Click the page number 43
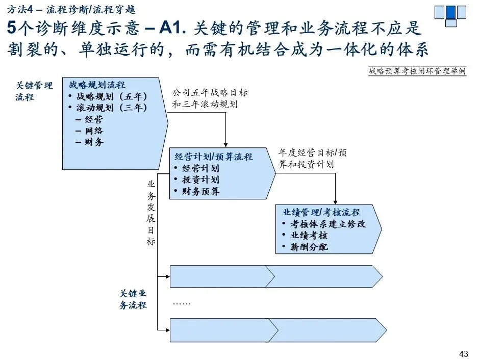click(x=464, y=353)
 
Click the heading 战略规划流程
click(x=97, y=85)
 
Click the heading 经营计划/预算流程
click(x=214, y=157)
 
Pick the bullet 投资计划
click(x=200, y=180)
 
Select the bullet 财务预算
click(x=200, y=192)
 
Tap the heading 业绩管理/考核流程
click(x=321, y=212)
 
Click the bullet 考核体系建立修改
click(x=328, y=224)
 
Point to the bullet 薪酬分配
click(x=309, y=247)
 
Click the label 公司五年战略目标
click(x=210, y=93)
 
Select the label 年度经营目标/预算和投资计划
click(x=312, y=159)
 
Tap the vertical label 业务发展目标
click(x=151, y=213)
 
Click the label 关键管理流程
click(x=34, y=91)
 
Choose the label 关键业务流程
click(x=133, y=299)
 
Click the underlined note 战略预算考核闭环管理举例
click(x=417, y=71)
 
